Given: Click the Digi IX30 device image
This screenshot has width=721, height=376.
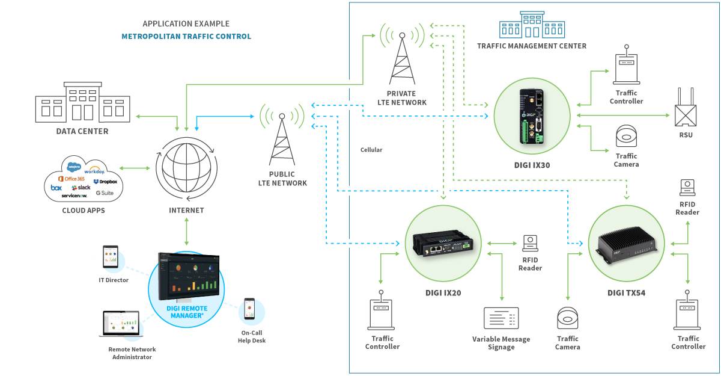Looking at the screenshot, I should (531, 116).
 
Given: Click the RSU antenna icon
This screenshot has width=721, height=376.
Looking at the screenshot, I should (686, 108).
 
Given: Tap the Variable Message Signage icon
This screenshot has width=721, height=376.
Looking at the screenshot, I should (501, 318).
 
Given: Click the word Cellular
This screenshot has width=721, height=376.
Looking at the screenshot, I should (371, 150).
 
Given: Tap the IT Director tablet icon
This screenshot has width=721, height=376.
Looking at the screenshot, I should (110, 257).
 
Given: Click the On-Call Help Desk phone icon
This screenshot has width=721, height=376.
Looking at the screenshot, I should (250, 310).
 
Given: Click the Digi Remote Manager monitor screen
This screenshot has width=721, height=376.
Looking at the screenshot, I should (188, 274).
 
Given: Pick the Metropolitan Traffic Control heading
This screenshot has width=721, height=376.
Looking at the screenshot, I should (186, 36).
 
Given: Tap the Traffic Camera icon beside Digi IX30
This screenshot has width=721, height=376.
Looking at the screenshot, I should (627, 137).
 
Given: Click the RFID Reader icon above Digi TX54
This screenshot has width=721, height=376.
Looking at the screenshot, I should (687, 187).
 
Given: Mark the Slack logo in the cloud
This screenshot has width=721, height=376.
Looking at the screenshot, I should (81, 188).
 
